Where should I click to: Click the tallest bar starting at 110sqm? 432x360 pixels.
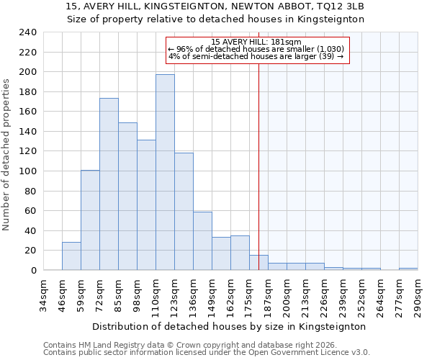click(x=165, y=173)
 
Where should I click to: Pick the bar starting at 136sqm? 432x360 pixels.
click(x=202, y=241)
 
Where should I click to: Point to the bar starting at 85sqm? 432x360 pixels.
click(x=127, y=197)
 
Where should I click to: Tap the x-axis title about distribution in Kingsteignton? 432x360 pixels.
click(x=230, y=326)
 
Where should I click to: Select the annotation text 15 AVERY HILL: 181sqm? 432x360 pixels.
click(x=257, y=42)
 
